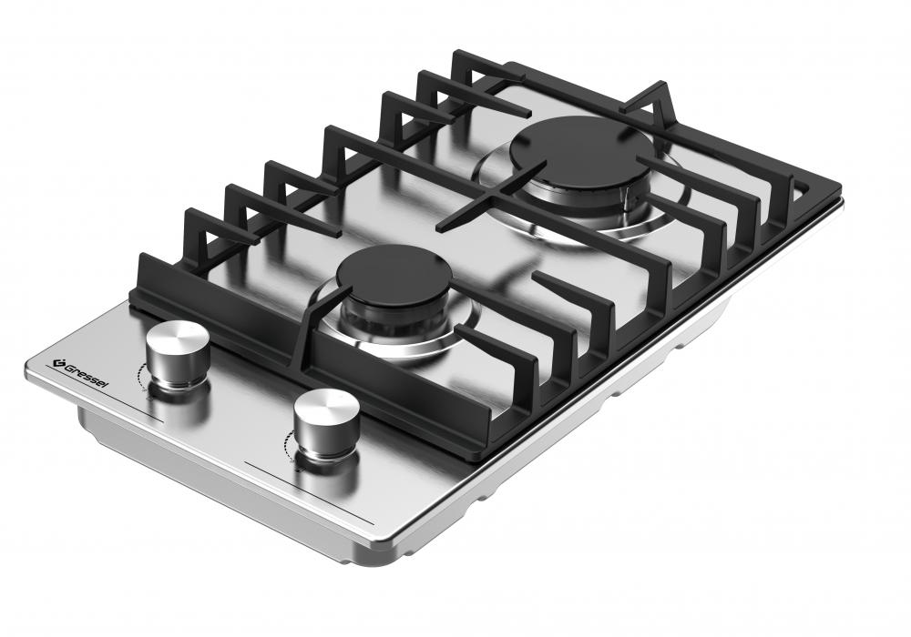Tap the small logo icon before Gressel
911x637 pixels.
(56, 363)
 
